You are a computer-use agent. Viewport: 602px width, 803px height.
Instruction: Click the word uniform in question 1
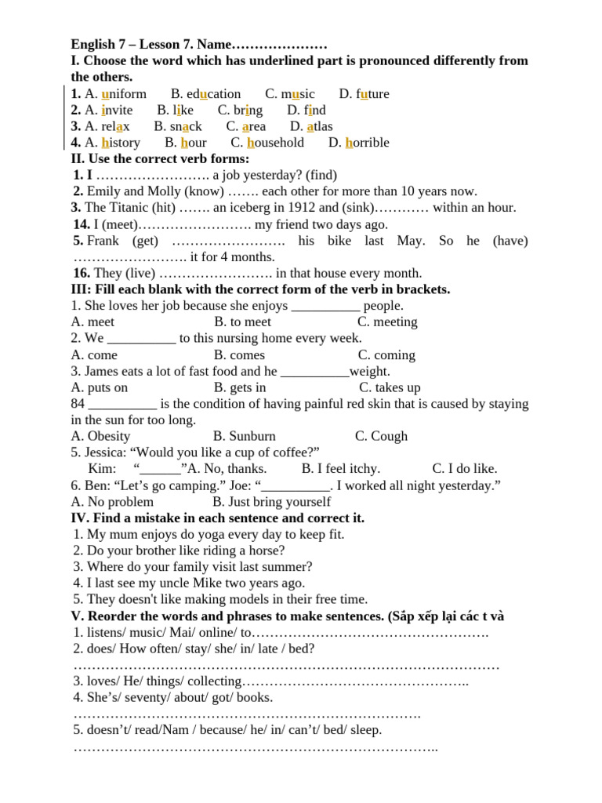tap(124, 94)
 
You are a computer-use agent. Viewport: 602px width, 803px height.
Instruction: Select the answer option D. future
tap(364, 94)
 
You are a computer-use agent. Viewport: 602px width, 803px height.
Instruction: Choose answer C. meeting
tap(387, 322)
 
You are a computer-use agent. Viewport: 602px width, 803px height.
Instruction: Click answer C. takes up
tap(390, 387)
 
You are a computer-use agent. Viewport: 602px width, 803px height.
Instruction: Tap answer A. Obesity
tap(100, 436)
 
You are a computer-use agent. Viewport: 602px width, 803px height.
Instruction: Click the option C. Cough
tap(381, 436)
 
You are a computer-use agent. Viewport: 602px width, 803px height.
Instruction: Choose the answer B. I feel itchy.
tap(340, 469)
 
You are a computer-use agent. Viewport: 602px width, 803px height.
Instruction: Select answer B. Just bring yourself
tap(271, 502)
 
